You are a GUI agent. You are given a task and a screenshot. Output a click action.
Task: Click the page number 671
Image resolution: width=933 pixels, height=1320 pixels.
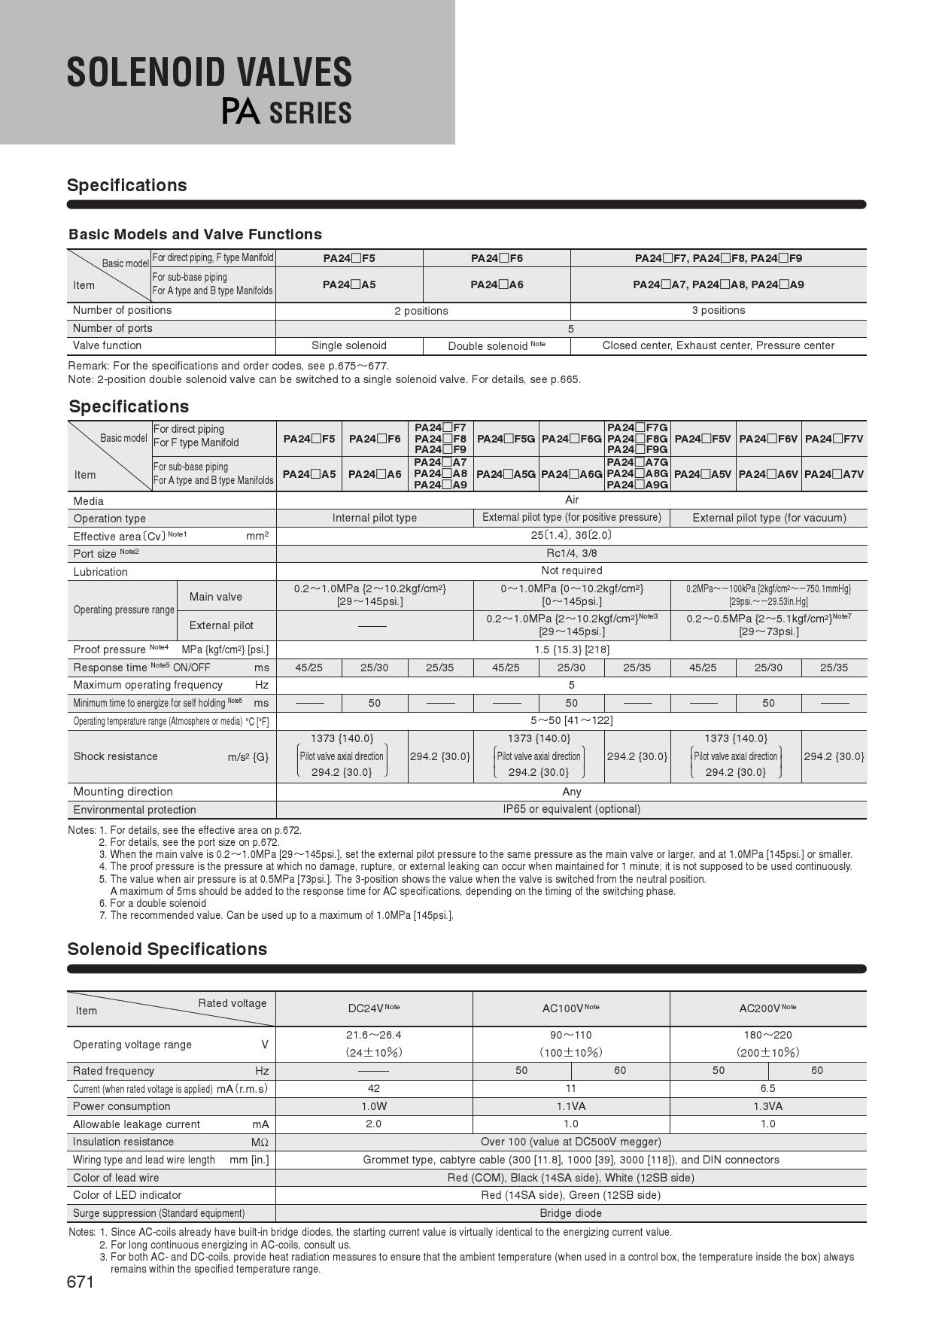click(81, 1282)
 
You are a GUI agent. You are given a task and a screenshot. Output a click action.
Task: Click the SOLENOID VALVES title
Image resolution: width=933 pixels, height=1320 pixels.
click(209, 73)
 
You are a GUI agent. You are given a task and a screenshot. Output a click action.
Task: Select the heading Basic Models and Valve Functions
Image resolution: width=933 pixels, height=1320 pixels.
click(195, 234)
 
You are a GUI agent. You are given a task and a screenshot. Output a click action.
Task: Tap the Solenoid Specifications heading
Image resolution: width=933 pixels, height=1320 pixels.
click(167, 949)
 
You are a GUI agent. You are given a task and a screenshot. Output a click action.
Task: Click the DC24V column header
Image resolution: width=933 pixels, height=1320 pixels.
click(373, 1008)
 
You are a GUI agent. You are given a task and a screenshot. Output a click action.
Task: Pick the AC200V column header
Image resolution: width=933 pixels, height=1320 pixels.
click(767, 1008)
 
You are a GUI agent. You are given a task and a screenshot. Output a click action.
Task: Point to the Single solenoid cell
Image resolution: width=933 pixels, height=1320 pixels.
click(349, 345)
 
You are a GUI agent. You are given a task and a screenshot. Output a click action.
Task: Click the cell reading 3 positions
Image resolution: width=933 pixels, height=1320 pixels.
click(719, 310)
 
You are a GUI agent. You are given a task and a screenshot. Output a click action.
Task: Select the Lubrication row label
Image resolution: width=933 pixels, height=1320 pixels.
click(101, 572)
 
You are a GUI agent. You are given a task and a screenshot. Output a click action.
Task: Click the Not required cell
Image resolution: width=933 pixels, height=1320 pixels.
click(571, 570)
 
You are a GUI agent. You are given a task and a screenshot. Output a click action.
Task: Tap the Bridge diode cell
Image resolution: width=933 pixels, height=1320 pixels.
click(570, 1213)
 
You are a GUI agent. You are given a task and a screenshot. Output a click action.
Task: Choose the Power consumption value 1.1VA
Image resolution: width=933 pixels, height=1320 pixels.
click(570, 1106)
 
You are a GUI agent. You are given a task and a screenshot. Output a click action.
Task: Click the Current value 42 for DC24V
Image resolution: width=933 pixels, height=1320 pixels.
click(373, 1088)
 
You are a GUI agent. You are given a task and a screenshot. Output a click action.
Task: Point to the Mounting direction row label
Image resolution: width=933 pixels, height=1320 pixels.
click(123, 792)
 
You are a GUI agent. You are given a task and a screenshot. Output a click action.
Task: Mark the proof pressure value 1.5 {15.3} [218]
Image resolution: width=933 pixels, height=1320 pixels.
click(571, 649)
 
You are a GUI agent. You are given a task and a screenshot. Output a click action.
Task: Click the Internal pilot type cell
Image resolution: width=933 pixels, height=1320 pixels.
click(375, 518)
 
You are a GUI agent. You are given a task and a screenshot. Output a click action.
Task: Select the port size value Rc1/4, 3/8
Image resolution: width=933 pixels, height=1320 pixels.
click(571, 553)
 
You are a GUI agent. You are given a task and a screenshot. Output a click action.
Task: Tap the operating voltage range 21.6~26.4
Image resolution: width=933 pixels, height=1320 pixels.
click(373, 1035)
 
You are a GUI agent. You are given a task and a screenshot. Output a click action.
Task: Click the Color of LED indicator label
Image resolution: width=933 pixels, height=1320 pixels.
click(127, 1195)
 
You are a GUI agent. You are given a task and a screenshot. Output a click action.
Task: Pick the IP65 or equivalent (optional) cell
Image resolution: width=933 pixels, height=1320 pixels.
click(571, 809)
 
